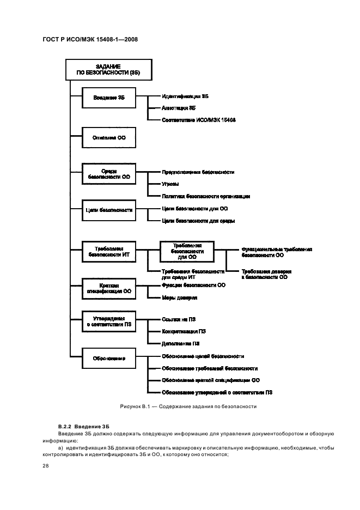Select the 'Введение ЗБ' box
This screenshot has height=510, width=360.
[x=108, y=98]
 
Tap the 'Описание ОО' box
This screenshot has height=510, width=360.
[x=108, y=138]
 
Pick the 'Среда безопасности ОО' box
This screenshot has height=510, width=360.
[x=108, y=174]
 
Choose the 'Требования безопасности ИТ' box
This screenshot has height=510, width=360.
[x=108, y=250]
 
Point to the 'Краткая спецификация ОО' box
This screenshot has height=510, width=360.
[x=108, y=288]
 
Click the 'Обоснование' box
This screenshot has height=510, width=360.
[x=108, y=358]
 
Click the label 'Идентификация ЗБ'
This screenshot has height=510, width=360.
[x=185, y=96]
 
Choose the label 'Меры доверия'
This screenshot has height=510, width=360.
[x=179, y=297]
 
